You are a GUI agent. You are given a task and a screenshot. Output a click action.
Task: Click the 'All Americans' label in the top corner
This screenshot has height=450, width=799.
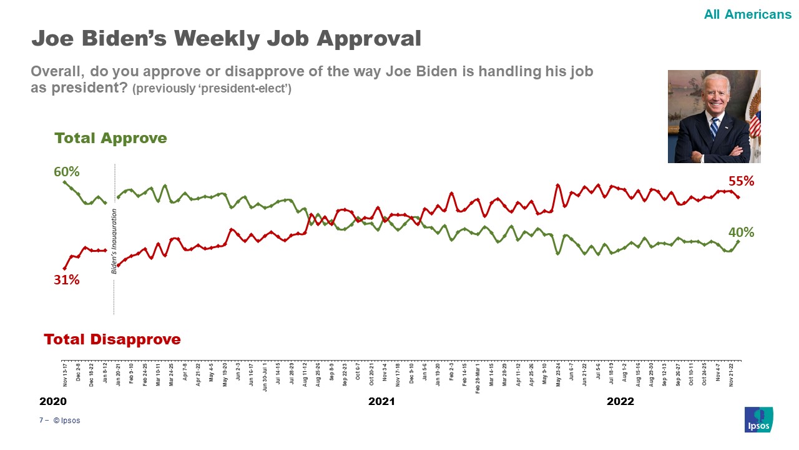tap(747, 14)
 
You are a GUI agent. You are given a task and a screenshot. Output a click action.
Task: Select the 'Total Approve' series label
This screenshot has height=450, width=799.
tap(110, 138)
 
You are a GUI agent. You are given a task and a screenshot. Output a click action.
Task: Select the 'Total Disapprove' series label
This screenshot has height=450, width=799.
tap(112, 339)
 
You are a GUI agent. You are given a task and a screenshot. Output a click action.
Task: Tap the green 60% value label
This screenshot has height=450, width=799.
tap(66, 171)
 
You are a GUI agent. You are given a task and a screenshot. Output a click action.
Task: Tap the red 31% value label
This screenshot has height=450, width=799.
tap(66, 280)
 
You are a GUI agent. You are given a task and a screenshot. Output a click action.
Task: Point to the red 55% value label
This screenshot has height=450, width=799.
tap(742, 181)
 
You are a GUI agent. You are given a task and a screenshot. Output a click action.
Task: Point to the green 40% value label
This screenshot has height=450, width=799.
tap(742, 232)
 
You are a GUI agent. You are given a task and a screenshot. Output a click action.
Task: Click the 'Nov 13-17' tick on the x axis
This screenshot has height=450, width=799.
tap(65, 373)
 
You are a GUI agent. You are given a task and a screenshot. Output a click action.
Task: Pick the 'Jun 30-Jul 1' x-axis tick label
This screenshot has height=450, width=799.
tap(265, 376)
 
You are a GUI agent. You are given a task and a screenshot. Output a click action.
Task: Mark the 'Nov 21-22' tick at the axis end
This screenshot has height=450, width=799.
tap(731, 373)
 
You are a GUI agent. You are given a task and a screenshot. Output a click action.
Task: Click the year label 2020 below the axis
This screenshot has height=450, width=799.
tap(52, 401)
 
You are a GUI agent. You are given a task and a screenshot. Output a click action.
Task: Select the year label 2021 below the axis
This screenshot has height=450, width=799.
tap(381, 401)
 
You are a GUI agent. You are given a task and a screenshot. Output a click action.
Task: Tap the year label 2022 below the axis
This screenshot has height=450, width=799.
tap(620, 401)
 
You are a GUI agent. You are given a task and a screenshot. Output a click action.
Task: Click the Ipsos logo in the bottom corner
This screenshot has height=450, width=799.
tap(758, 419)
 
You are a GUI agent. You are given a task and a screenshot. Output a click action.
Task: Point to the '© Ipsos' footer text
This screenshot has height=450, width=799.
tap(67, 421)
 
